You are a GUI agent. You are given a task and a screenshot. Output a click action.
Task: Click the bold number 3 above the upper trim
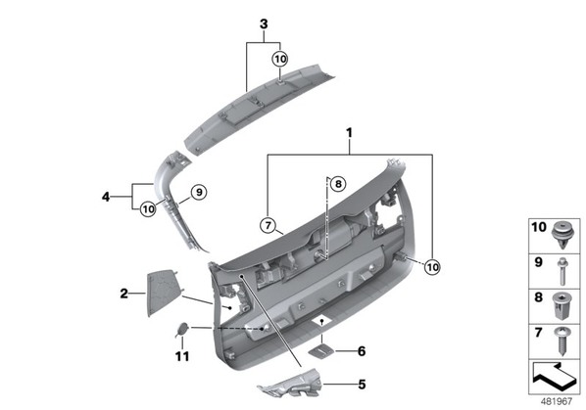pyautogui.click(x=264, y=24)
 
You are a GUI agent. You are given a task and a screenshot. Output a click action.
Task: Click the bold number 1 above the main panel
pyautogui.click(x=349, y=133)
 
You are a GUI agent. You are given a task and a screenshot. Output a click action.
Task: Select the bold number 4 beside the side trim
pyautogui.click(x=106, y=197)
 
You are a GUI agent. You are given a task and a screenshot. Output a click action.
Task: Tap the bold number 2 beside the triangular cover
pyautogui.click(x=124, y=294)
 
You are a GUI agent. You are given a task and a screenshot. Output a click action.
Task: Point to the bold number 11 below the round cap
pyautogui.click(x=182, y=356)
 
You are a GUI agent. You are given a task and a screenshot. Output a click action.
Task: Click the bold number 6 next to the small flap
pyautogui.click(x=362, y=351)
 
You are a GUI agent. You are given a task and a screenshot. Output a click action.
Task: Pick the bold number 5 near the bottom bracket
pyautogui.click(x=362, y=385)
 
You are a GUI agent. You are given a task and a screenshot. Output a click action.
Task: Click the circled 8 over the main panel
pyautogui.click(x=338, y=184)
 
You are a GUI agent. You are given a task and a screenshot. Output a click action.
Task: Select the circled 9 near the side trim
pyautogui.click(x=199, y=192)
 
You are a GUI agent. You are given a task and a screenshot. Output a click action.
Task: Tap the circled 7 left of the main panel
pyautogui.click(x=268, y=225)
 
